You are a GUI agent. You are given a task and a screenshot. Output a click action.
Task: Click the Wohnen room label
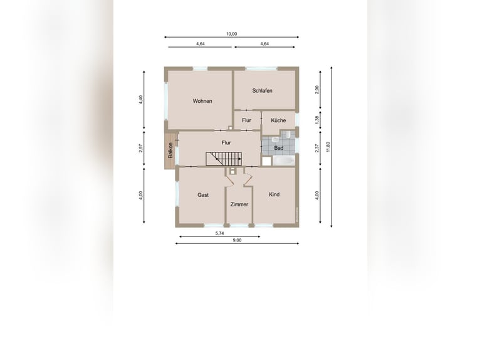(202, 101)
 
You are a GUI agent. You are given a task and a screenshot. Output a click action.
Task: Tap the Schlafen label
(262, 90)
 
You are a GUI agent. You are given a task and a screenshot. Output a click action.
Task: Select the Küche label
(278, 120)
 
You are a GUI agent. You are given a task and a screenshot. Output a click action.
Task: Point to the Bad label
(279, 148)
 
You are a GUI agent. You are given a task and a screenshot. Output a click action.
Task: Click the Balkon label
(170, 151)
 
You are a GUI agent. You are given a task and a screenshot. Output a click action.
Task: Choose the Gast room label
(203, 195)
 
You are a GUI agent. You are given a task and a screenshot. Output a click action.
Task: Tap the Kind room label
(274, 194)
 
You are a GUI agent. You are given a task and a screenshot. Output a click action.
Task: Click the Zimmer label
(239, 204)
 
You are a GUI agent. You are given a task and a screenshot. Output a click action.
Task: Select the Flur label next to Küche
(246, 120)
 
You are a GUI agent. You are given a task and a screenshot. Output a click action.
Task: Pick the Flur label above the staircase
(226, 143)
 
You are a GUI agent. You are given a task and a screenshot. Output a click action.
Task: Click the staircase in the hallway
(224, 159)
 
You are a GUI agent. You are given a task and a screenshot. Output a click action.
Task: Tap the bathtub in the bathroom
(283, 161)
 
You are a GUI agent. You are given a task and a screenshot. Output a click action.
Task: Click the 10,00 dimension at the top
(231, 34)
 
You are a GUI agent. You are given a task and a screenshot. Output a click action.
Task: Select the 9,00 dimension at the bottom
(237, 240)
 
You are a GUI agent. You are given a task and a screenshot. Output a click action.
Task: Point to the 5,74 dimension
(219, 233)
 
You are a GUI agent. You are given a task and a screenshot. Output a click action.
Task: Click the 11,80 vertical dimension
(328, 147)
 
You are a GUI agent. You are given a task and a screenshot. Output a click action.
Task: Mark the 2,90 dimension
(317, 90)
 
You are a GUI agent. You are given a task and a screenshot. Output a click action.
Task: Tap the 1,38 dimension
(317, 120)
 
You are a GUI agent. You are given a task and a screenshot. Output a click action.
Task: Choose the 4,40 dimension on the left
(141, 100)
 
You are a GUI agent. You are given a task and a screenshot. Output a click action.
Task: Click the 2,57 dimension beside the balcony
(141, 148)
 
